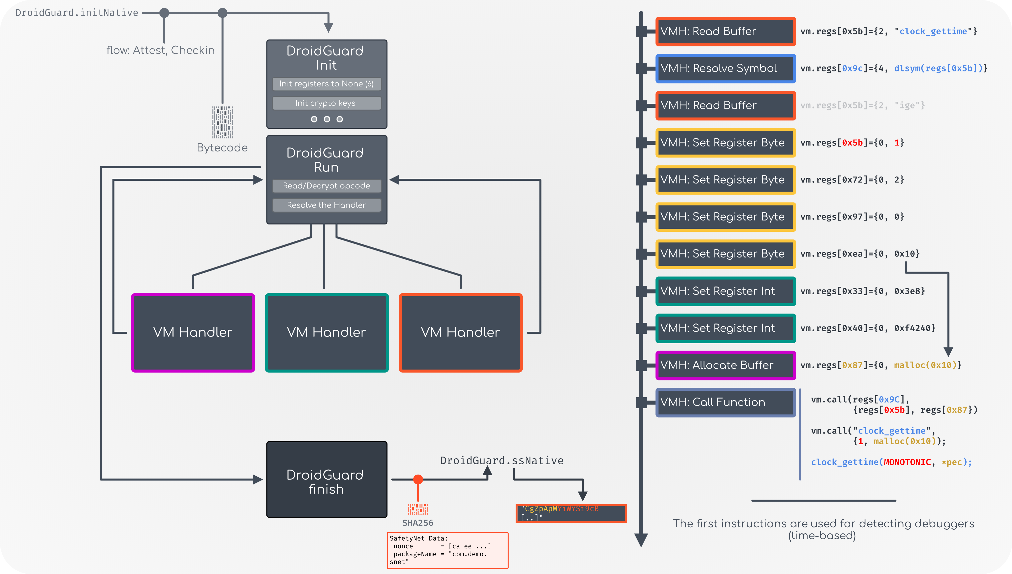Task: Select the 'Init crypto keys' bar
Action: pos(327,103)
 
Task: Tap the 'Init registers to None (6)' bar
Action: pos(327,84)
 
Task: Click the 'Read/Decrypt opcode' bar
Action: pos(327,186)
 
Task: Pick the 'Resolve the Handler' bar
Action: pos(327,205)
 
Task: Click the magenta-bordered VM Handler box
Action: pos(193,332)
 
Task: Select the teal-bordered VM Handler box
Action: pos(327,332)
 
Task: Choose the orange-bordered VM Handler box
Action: pos(461,332)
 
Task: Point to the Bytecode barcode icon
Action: pos(223,122)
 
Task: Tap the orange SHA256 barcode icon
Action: pos(418,509)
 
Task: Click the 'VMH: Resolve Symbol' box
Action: pos(725,69)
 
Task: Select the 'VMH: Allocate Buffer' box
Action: pos(725,366)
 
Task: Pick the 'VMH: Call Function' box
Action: pos(725,403)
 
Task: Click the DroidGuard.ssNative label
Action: pos(501,461)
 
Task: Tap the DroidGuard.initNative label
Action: pos(77,13)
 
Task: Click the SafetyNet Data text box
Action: pos(448,550)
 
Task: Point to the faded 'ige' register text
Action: pos(862,105)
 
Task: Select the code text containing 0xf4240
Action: pos(867,328)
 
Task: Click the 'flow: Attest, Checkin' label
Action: pos(160,50)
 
